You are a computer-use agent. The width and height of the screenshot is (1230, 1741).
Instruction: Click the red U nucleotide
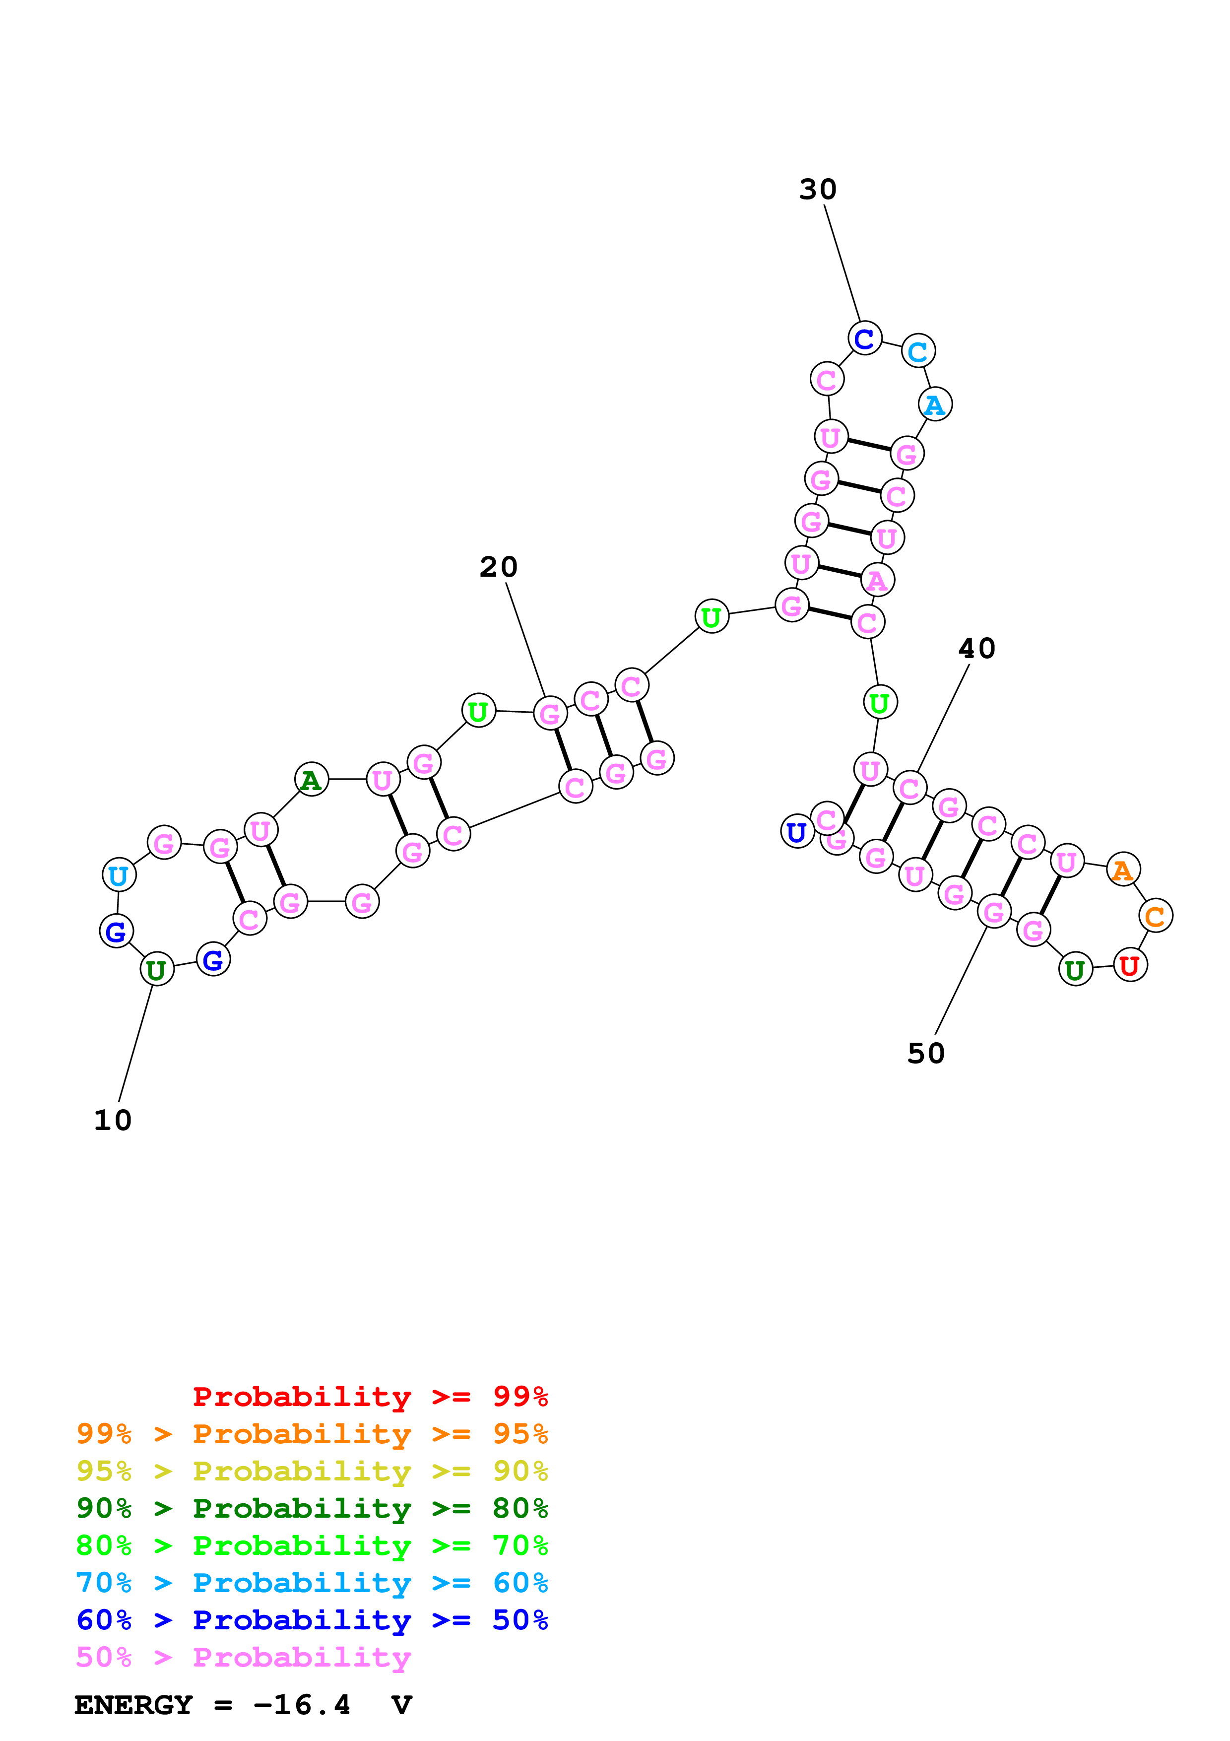[1129, 965]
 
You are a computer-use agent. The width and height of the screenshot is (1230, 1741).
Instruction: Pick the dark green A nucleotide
[311, 780]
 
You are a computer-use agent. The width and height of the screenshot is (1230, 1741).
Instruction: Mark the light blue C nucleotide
[918, 351]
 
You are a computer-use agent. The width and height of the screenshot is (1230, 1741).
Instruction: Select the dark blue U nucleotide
[796, 832]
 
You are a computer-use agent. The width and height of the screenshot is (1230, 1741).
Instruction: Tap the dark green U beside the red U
[1075, 970]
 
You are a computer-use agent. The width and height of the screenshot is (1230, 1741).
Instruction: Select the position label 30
[818, 190]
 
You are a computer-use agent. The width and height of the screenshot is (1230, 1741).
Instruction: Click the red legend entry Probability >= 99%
[370, 1396]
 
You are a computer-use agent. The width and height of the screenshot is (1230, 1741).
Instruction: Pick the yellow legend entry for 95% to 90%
[312, 1471]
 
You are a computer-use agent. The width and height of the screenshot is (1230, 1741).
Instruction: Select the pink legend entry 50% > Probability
[243, 1657]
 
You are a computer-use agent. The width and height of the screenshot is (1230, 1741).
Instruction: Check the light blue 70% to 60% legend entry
[312, 1583]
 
